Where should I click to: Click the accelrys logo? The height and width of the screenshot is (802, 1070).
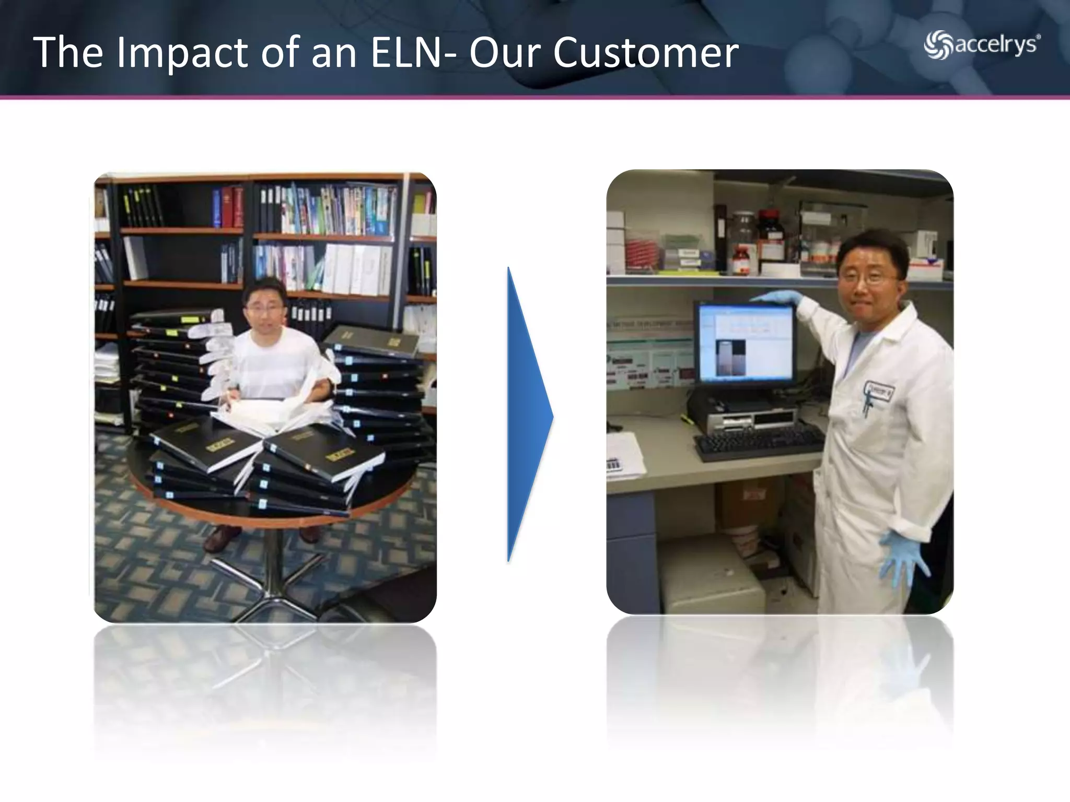982,45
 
